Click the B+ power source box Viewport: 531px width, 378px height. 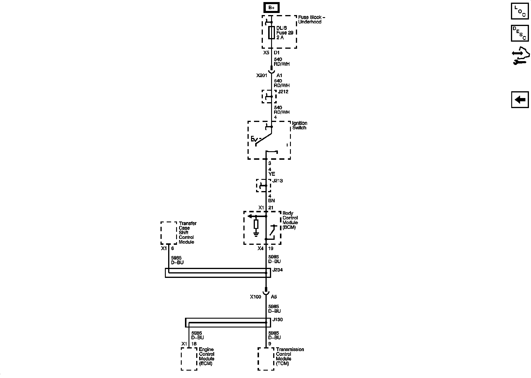271,7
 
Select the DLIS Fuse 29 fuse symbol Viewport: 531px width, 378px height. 271,32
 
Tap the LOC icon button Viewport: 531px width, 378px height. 520,11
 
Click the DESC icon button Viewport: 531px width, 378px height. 520,33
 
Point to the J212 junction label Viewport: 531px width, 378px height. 283,92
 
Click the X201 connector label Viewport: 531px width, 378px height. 262,76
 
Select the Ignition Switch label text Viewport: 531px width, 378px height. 299,126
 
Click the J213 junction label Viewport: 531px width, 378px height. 277,181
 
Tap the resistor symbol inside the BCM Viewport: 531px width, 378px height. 256,224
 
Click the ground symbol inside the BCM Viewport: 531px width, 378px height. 256,234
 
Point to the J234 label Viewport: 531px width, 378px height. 278,270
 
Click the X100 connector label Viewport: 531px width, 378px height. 255,297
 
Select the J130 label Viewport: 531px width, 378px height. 278,320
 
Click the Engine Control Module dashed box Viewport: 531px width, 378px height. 189,359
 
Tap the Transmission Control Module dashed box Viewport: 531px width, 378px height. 266,359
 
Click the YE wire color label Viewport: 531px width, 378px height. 272,174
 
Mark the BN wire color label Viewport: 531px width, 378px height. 271,201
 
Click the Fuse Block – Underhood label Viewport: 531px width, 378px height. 312,19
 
